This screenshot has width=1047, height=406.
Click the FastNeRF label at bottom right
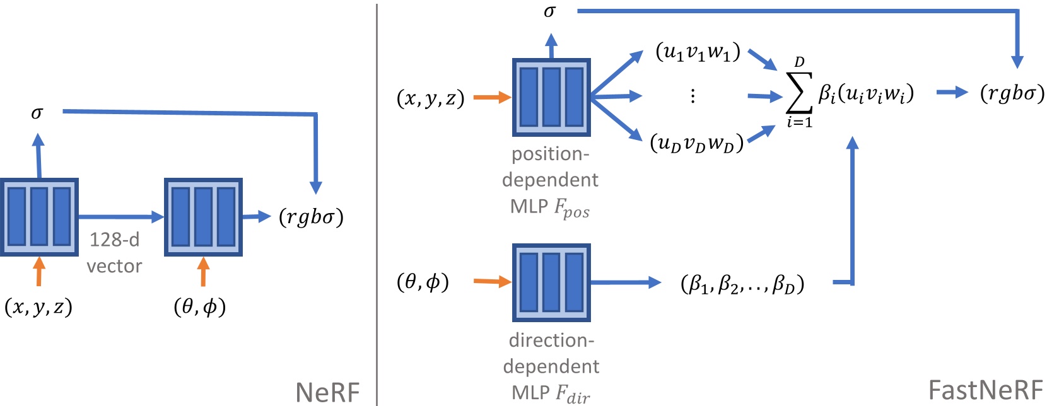[986, 390]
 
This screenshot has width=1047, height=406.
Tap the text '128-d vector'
[114, 253]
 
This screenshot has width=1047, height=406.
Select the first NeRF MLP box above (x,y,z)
[39, 217]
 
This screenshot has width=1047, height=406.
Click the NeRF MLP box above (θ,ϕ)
[203, 217]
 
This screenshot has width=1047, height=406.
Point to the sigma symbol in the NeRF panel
[37, 113]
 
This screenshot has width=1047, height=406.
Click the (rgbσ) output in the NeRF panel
[311, 217]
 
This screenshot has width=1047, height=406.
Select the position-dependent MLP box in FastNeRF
[551, 98]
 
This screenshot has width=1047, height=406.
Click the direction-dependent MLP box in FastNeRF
[551, 282]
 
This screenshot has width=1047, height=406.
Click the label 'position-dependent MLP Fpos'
[550, 181]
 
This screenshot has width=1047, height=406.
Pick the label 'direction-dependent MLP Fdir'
[551, 368]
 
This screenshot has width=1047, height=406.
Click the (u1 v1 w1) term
[698, 52]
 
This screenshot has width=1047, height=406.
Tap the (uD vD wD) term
[697, 144]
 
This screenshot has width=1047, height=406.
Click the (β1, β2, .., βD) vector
[742, 284]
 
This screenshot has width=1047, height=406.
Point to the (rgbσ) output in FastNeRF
[1012, 94]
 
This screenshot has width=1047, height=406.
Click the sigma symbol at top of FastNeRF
[550, 12]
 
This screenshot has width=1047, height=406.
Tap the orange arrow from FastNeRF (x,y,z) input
[492, 97]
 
